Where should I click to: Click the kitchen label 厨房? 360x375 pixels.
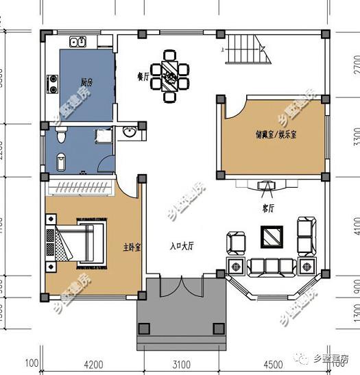click(86, 82)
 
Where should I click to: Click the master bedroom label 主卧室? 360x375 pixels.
click(132, 247)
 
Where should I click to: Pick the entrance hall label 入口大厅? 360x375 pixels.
click(182, 245)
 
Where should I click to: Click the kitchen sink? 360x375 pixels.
click(76, 42)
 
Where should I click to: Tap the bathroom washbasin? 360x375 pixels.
click(129, 132)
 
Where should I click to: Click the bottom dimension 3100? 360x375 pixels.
click(181, 364)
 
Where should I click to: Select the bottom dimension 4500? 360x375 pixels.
click(272, 364)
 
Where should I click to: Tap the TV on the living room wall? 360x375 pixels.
click(265, 185)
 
